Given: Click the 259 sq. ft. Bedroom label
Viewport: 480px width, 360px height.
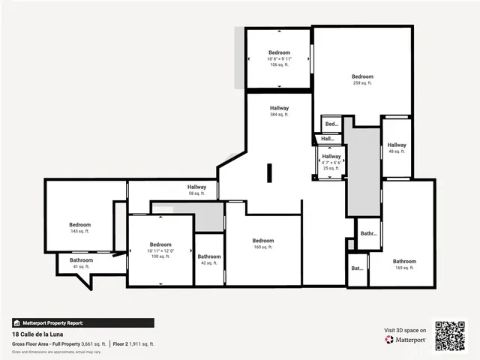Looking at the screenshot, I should coord(362,79).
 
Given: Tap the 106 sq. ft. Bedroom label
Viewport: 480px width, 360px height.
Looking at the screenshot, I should coord(279,58).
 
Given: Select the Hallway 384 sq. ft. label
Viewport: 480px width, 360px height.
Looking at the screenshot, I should coord(279,111).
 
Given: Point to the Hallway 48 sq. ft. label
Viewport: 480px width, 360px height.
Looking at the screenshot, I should coord(397,148).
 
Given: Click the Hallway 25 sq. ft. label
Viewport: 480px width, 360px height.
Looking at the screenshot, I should coord(331,162).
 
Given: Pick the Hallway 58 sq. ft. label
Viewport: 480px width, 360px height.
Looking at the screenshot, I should coord(196,190).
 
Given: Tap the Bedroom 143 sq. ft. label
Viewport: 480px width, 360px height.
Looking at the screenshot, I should coord(79,228).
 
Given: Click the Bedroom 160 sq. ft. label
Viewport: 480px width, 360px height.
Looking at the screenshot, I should coord(262,243).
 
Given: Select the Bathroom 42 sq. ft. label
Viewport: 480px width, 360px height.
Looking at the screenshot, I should coord(209,259).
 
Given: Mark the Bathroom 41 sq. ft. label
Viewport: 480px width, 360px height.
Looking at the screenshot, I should coord(81,263).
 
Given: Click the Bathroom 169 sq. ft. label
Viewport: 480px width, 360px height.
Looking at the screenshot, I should coord(404,265).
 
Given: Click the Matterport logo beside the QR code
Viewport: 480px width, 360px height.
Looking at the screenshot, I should coord(405,340).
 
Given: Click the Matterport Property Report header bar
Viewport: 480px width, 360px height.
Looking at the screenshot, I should coord(82,322).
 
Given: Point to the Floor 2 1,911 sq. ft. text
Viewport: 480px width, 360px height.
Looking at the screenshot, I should coord(134,343).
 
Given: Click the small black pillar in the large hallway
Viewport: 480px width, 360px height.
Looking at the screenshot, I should coord(268,173).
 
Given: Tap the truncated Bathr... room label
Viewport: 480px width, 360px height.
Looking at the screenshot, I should coord(368,233).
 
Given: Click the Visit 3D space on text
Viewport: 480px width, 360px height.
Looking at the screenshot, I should coord(405,330).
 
